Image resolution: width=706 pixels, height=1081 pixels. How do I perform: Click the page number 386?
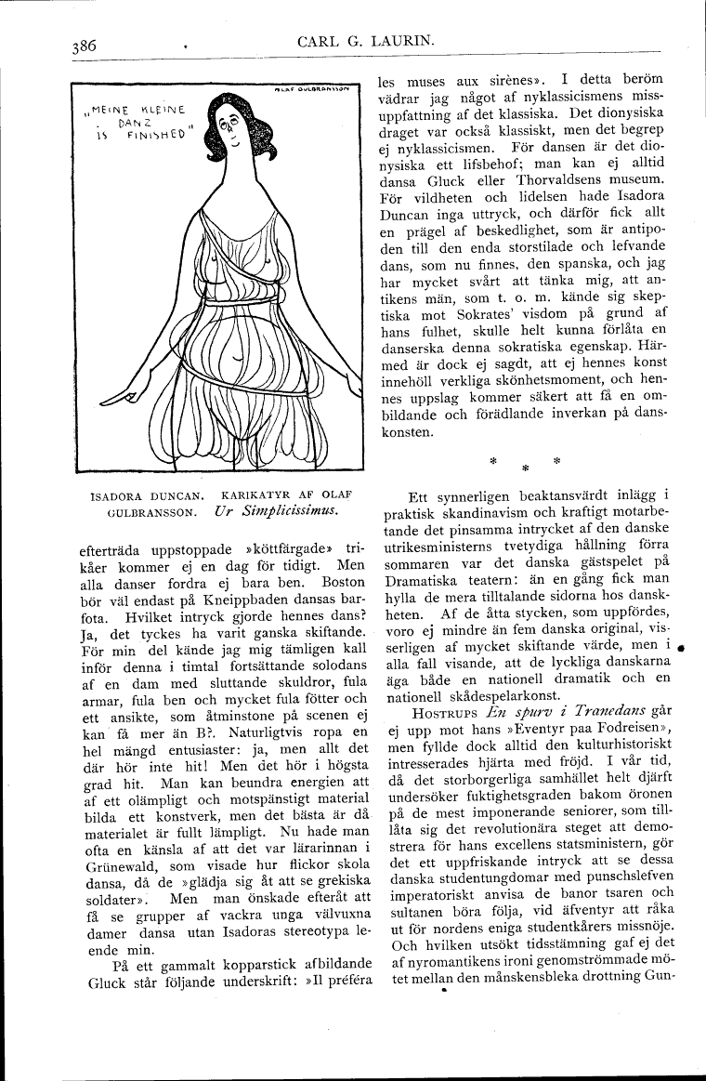pos(82,46)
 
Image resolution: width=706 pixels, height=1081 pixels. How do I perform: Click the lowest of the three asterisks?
pos(524,468)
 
